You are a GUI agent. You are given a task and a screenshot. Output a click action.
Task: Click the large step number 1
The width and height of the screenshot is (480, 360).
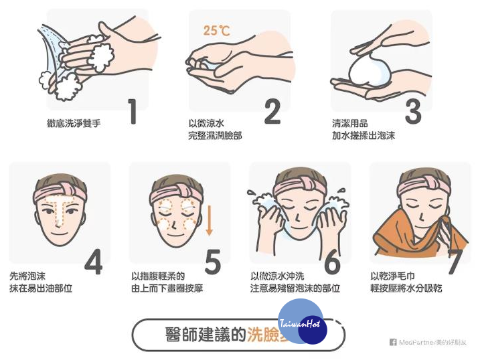point(133,112)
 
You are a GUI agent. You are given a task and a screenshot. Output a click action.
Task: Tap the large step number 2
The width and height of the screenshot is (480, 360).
point(272,112)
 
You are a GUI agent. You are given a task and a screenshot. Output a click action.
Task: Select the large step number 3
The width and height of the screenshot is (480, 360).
point(413,112)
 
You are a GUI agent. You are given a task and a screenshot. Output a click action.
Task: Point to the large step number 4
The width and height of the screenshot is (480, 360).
point(93,262)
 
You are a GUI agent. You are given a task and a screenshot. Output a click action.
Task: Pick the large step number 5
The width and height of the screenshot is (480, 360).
point(212,262)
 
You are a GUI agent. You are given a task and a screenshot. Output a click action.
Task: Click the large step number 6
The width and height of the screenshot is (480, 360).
point(332,262)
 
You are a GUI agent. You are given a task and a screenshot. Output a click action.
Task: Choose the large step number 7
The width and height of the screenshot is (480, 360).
point(455,262)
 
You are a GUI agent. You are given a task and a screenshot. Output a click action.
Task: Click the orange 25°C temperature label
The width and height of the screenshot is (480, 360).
point(216,30)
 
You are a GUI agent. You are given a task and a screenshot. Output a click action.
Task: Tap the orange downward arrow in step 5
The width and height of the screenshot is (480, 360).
point(209,220)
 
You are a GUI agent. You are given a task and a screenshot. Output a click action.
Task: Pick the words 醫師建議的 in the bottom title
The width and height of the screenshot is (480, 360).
point(197,335)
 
